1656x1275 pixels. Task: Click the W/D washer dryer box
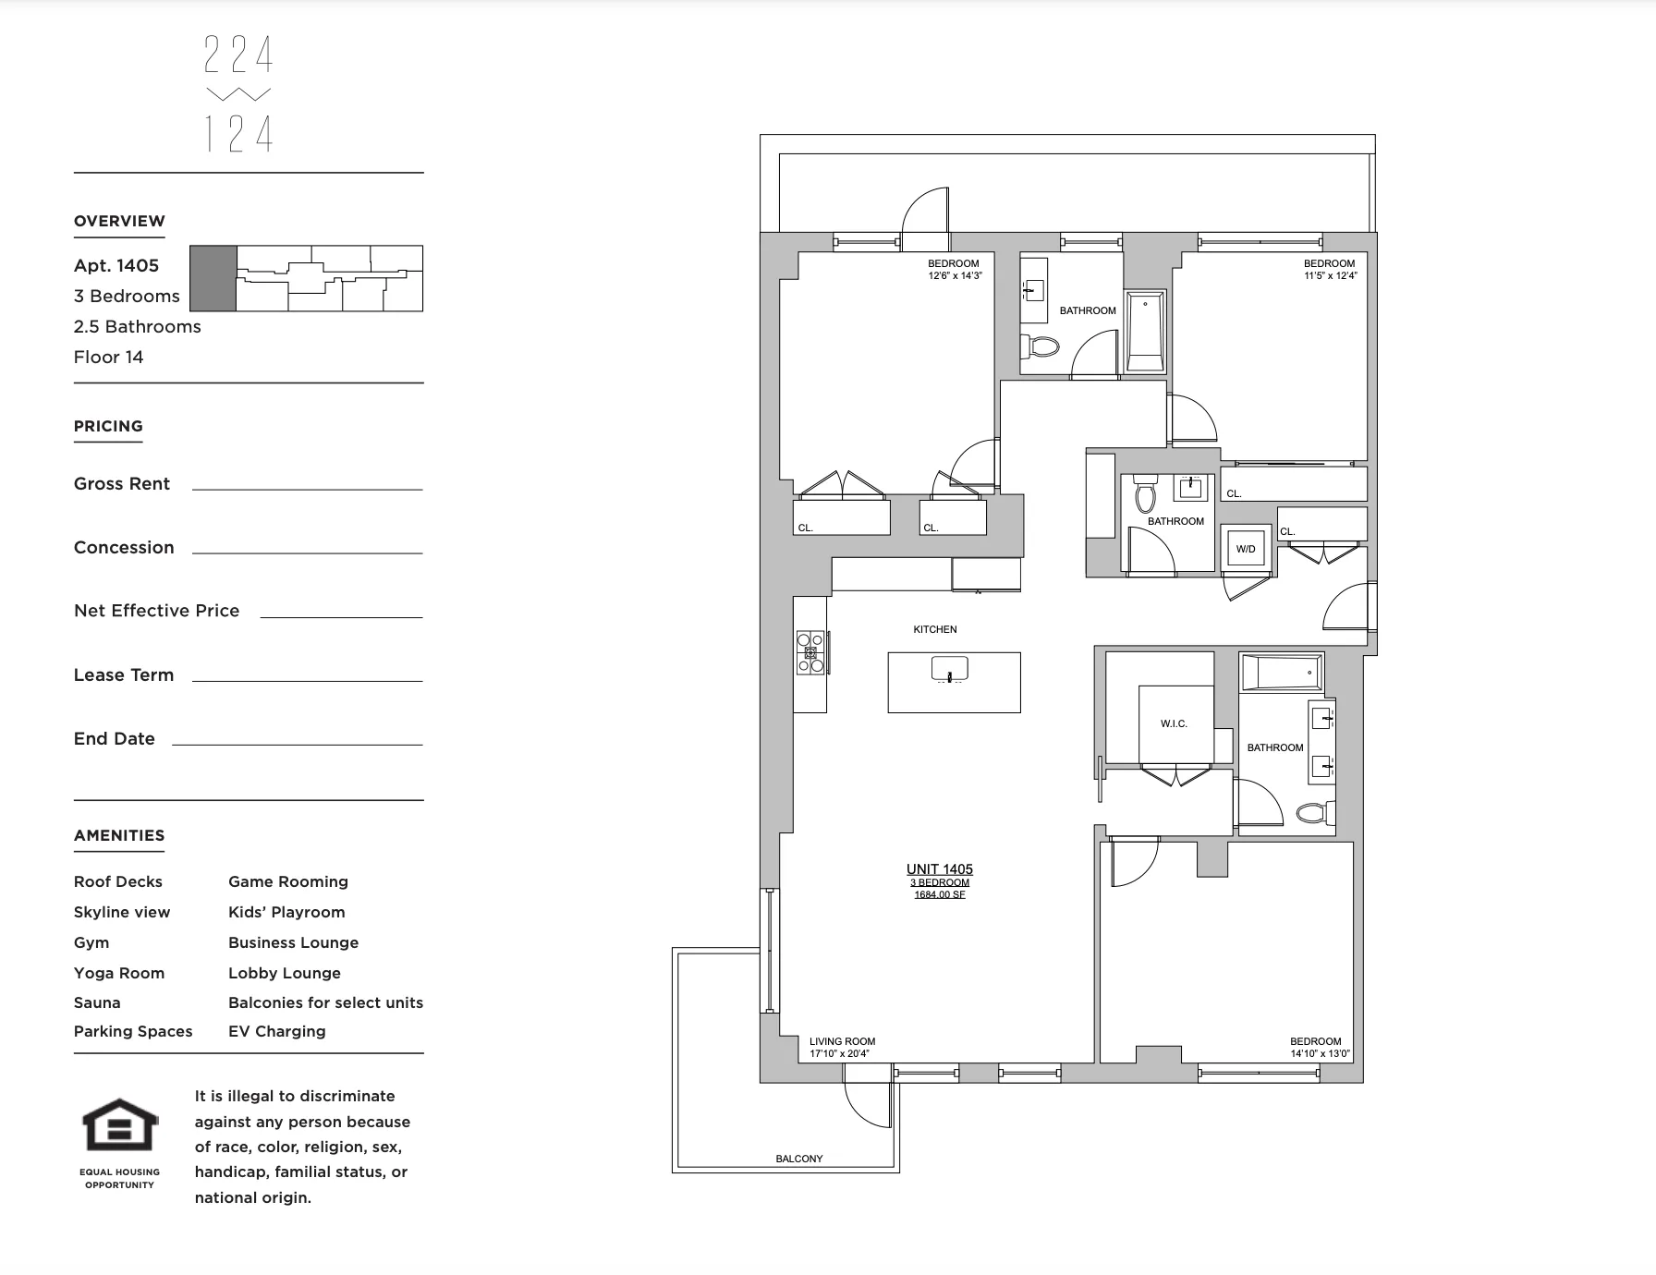[x=1246, y=549]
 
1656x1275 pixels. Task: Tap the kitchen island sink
[x=949, y=668]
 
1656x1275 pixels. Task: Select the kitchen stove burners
[x=810, y=652]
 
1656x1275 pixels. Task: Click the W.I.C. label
[x=1174, y=723]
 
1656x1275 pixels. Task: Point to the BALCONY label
[x=798, y=1159]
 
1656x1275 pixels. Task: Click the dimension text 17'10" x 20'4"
[x=839, y=1053]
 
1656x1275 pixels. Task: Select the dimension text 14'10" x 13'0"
[x=1320, y=1053]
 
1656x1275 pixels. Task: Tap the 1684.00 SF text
[x=939, y=894]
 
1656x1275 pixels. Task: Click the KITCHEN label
[x=934, y=629]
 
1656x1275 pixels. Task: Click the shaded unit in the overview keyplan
[x=213, y=278]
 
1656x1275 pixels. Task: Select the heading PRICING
[x=108, y=426]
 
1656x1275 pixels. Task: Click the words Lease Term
[x=124, y=675]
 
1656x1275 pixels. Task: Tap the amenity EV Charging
[x=276, y=1031]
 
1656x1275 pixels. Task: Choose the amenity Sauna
[x=97, y=1002]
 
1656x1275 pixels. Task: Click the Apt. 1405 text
[x=116, y=266]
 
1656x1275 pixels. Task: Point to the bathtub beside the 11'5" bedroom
[x=1145, y=331]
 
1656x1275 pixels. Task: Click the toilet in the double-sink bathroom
[x=1313, y=813]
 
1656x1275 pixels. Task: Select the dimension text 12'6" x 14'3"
[x=955, y=275]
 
